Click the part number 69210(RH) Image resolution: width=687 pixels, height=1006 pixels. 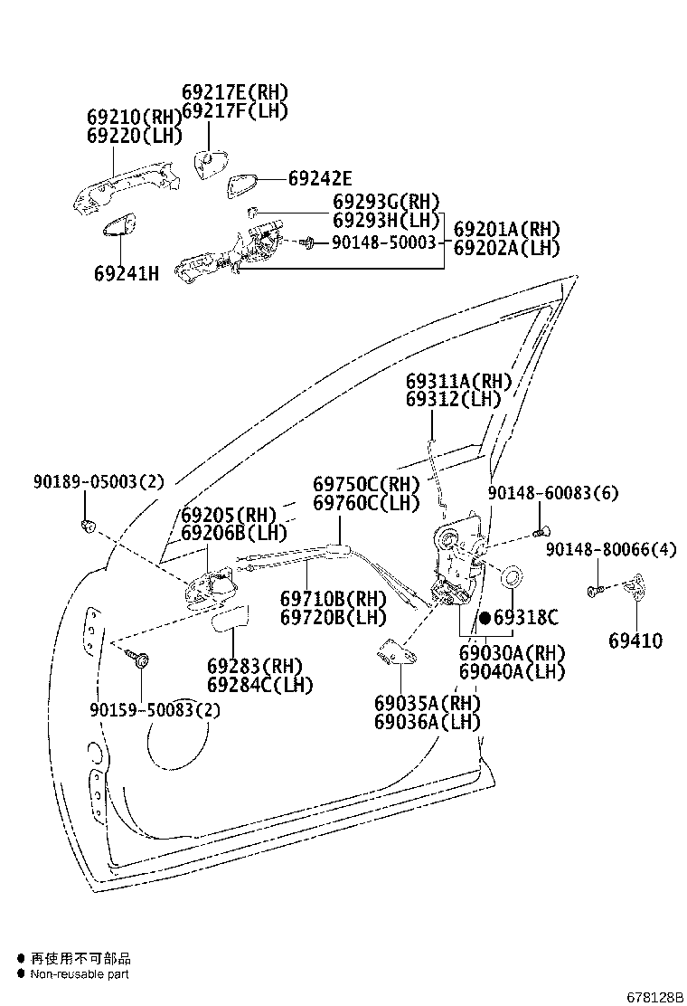point(135,118)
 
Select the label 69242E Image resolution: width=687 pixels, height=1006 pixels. point(320,179)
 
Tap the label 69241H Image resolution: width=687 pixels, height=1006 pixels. point(127,272)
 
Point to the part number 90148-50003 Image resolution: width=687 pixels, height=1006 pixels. point(383,242)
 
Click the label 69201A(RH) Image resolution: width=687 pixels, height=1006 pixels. point(506,229)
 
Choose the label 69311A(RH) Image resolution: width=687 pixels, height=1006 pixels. point(458,381)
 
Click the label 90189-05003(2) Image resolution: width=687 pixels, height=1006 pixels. point(99,482)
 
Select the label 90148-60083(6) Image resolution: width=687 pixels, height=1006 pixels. point(553,493)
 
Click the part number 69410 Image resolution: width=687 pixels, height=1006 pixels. point(635,641)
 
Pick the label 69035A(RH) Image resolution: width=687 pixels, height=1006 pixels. point(428,703)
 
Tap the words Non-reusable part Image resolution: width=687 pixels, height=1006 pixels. point(80,974)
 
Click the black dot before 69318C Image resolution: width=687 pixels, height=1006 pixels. point(485,619)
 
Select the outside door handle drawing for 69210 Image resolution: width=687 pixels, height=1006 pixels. point(126,185)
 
